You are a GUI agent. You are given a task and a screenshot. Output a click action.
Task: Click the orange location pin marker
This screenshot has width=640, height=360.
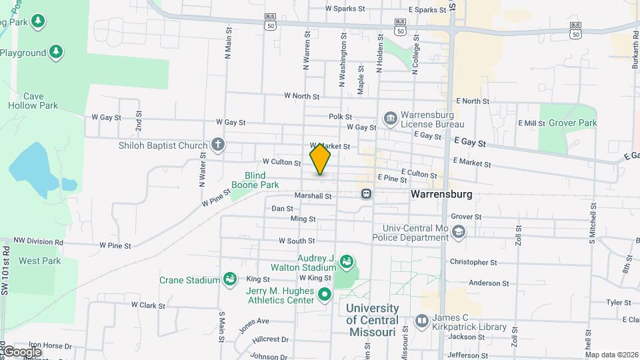pos(321,158)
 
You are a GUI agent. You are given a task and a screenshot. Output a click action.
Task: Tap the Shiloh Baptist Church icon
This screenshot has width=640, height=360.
pos(217,145)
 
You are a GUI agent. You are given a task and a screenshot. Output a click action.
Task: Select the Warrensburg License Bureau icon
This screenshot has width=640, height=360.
pos(390,119)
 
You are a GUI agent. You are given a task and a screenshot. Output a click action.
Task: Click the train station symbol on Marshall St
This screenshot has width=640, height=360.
pos(366,194)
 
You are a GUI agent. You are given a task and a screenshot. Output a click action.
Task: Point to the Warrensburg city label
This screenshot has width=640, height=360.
pos(441,195)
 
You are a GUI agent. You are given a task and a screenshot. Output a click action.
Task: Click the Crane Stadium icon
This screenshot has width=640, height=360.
pos(230,278)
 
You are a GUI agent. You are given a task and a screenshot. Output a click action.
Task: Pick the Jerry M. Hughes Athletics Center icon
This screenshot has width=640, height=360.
pos(325,293)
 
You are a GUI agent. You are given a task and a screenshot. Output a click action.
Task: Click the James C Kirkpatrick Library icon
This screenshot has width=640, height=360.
pos(421,321)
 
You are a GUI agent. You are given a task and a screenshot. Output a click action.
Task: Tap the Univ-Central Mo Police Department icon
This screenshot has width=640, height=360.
pos(458,231)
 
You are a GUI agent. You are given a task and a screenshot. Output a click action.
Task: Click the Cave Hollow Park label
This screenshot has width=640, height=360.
pos(33,101)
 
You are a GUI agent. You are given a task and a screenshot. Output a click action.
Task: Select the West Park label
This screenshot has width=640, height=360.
pos(39,261)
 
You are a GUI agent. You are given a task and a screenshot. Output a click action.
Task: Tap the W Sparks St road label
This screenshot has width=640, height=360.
pos(345,9)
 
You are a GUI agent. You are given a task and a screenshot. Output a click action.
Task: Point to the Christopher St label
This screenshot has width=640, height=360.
pos(473,263)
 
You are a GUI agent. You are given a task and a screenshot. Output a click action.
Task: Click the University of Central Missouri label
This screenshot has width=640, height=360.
pos(373,320)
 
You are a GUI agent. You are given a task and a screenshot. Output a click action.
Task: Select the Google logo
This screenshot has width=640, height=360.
pos(21,351)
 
